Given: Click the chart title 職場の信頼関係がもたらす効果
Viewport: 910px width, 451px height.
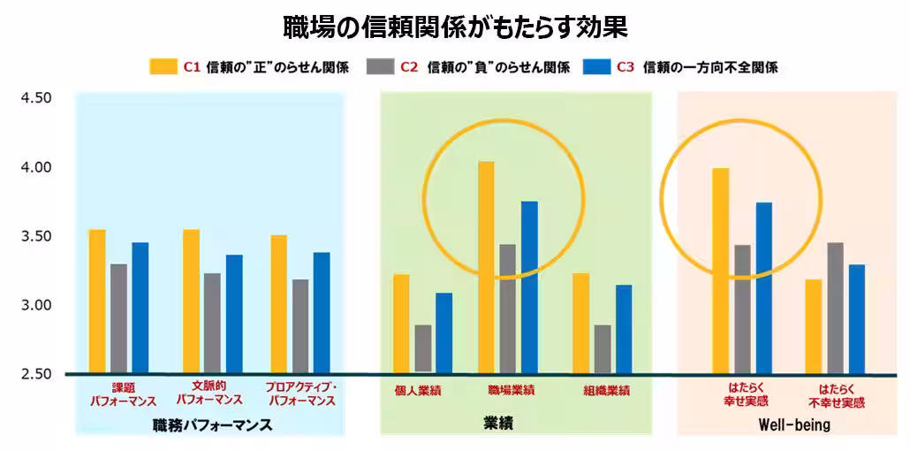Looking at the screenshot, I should [x=455, y=27].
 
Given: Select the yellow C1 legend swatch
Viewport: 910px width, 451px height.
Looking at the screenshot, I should [x=163, y=67].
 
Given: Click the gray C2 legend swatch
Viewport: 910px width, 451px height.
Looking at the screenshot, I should [x=379, y=67].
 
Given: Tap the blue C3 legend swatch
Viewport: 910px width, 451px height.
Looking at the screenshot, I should [x=597, y=67].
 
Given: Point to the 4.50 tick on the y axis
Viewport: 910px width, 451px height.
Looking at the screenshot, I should [x=36, y=97].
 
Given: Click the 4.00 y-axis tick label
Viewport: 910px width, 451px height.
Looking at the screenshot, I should [x=36, y=167].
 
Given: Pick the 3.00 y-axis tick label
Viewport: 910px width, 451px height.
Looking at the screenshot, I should [x=36, y=305].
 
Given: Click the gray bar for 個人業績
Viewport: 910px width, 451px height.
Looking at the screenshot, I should [x=422, y=348].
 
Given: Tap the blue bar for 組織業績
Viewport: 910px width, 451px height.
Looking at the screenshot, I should [x=625, y=328].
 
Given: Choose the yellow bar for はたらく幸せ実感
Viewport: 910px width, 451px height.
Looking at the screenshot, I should [x=721, y=271].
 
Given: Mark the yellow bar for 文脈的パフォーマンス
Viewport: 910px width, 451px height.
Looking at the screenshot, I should [x=192, y=301].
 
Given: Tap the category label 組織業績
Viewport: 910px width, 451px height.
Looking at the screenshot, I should [x=606, y=390].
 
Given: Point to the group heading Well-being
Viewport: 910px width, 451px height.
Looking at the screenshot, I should [x=794, y=425].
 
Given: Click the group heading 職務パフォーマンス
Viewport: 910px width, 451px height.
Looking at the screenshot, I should [x=212, y=425].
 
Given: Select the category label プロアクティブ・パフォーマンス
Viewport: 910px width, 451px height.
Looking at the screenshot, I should [x=301, y=394].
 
